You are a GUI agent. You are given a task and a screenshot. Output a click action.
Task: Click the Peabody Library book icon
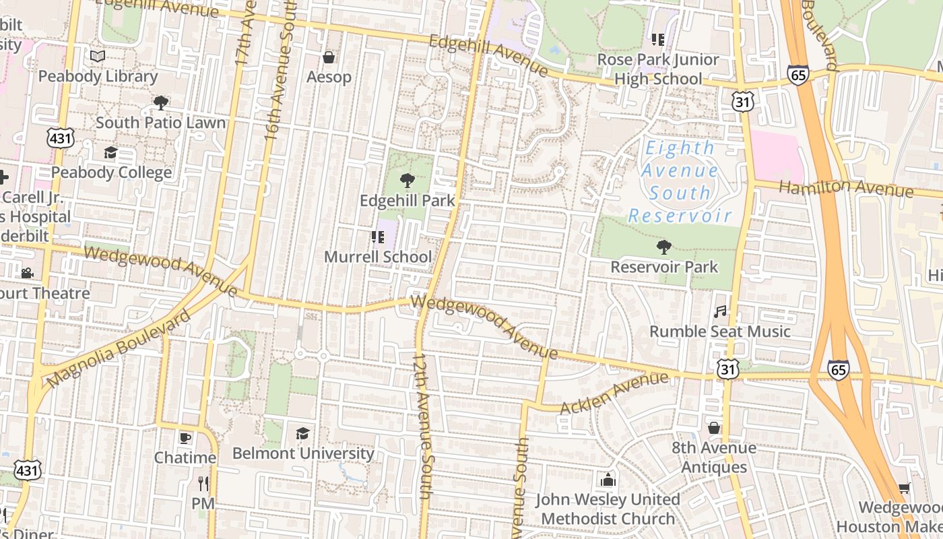coord(98,57)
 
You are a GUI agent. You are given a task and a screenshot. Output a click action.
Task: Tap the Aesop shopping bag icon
coord(329,57)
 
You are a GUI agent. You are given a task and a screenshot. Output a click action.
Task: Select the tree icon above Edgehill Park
coord(407,181)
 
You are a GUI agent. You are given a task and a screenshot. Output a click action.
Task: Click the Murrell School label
coord(378,257)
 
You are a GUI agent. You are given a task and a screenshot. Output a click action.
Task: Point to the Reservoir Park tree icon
coord(664,247)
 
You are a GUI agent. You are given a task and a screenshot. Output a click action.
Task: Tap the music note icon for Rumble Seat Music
coord(720,312)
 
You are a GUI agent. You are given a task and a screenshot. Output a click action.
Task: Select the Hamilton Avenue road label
coord(846,188)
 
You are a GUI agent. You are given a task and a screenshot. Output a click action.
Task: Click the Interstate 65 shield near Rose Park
coord(798,75)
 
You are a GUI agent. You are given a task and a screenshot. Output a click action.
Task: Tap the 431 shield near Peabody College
coord(61,139)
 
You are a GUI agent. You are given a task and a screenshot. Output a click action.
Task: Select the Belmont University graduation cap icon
coord(303,433)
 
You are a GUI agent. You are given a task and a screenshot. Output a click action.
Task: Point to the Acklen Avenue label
coord(614,393)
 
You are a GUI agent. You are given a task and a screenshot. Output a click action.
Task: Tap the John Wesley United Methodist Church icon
coord(608,480)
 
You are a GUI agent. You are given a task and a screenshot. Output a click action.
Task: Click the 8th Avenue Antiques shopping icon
coord(714,428)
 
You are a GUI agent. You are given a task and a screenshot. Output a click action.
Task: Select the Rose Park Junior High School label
coord(658,69)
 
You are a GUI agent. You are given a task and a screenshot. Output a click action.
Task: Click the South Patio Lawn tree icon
coord(160,103)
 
